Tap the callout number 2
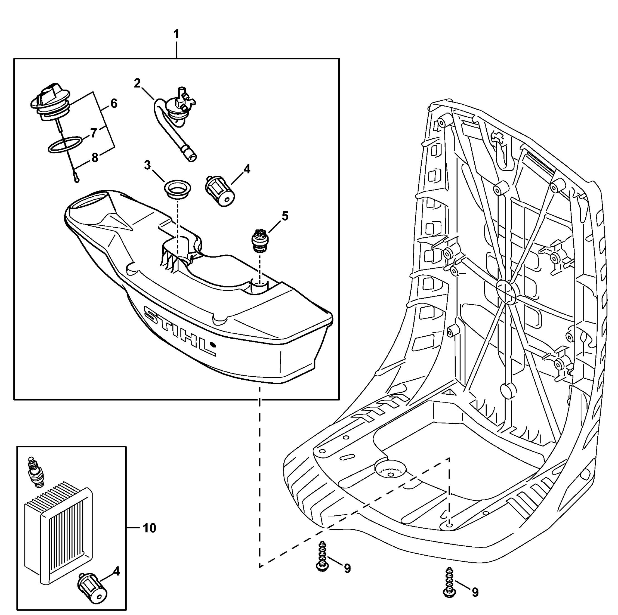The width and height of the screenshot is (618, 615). coord(137,83)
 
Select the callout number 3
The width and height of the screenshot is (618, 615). coord(147,165)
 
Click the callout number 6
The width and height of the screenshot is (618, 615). coord(114,103)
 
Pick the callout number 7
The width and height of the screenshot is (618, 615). coord(93,132)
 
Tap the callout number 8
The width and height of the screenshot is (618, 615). coord(95,158)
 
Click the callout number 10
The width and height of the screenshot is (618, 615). coord(149,528)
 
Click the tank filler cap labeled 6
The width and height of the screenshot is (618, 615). coord(50,102)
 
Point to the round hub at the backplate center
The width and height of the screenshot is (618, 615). coord(506,291)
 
